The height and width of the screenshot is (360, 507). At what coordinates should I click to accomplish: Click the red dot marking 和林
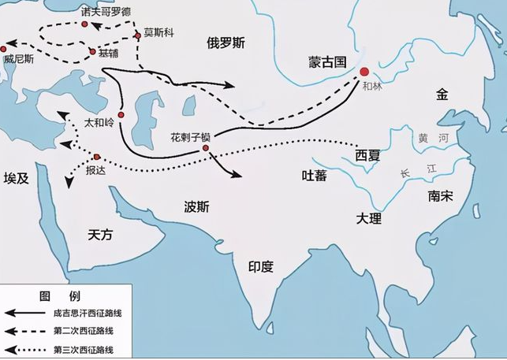[363, 72]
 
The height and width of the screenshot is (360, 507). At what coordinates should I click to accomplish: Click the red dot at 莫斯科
[137, 35]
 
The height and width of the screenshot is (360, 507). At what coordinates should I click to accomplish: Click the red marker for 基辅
[93, 52]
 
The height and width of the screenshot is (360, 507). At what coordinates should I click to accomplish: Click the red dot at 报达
[97, 157]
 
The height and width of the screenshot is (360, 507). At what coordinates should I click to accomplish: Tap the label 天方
[101, 234]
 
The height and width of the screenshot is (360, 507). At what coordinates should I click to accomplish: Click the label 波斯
[196, 209]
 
